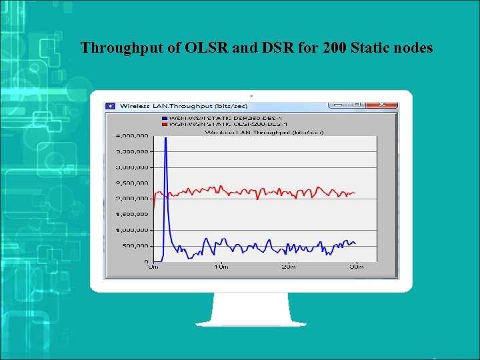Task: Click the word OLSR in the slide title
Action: [200, 48]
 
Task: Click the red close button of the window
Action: [383, 105]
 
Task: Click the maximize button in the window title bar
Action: [357, 105]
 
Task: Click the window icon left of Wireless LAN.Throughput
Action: [111, 105]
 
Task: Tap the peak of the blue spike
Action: [165, 138]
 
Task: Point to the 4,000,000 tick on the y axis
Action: [132, 135]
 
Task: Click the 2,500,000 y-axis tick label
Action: [132, 183]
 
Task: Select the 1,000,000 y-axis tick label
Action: [132, 230]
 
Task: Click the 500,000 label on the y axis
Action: [135, 245]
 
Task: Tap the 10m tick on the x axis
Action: [221, 267]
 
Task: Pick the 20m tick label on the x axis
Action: [289, 267]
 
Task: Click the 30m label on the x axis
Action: [356, 267]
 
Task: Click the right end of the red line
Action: [355, 193]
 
